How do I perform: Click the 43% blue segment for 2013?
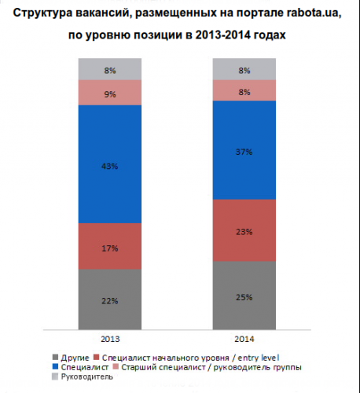click(x=110, y=164)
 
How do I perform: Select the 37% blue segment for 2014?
click(x=244, y=150)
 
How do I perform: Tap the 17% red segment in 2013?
click(x=110, y=246)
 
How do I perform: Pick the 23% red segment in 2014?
click(x=244, y=230)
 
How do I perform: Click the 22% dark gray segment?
click(x=110, y=299)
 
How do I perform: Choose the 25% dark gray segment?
click(x=244, y=296)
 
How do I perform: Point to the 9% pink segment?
click(x=110, y=93)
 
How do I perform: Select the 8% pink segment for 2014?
click(x=244, y=90)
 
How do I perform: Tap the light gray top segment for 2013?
click(x=110, y=69)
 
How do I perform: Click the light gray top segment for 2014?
click(x=244, y=69)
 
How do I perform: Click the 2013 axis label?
click(x=110, y=339)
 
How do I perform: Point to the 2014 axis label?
click(x=244, y=339)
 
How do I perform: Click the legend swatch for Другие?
click(x=55, y=358)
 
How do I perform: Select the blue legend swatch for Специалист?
click(x=55, y=367)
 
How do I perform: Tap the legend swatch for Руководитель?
click(x=55, y=376)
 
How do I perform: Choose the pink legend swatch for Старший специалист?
click(x=116, y=367)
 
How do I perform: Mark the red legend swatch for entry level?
click(x=96, y=358)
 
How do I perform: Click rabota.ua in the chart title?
click(x=314, y=13)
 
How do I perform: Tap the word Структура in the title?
click(x=42, y=13)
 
